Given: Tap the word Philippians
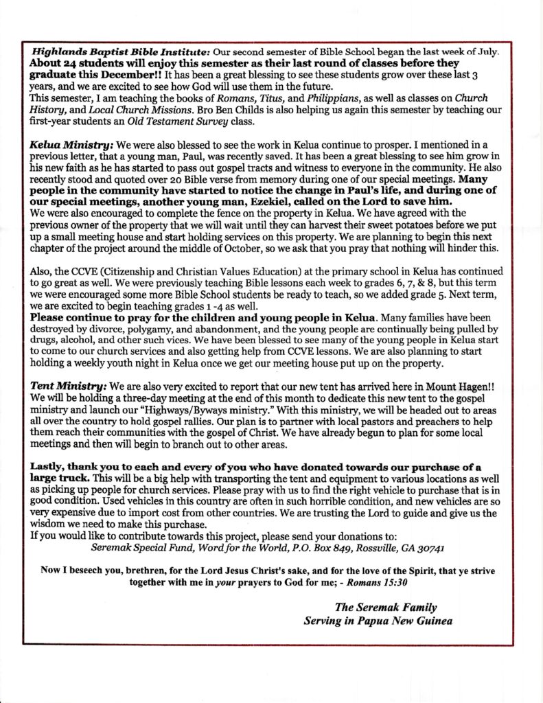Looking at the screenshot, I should [338, 100].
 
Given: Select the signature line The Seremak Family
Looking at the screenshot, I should [386, 608].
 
